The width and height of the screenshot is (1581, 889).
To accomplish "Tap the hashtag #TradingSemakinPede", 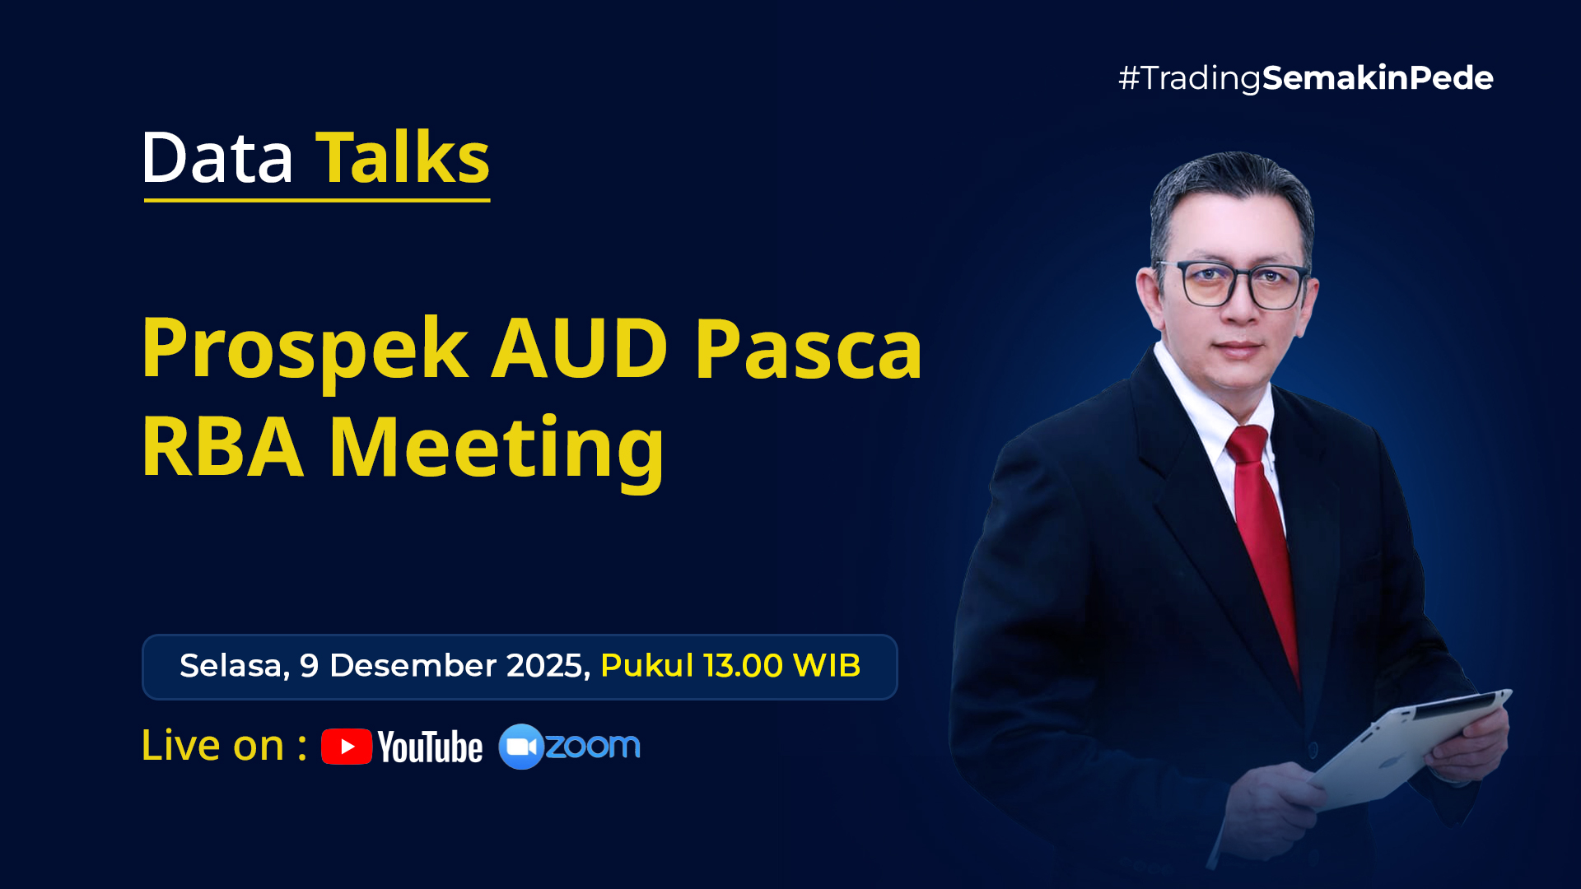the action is [x=1306, y=78].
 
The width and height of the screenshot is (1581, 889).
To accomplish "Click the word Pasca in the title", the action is [x=809, y=349].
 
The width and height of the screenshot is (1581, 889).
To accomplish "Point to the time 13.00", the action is [x=743, y=665].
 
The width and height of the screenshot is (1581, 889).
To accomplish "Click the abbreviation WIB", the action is [x=827, y=665].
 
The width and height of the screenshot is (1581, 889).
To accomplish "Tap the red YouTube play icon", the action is [x=347, y=747].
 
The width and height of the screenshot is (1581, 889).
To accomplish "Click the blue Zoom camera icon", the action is [x=521, y=747].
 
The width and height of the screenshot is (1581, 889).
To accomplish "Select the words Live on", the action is [x=212, y=745].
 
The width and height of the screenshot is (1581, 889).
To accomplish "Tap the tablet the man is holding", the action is [x=1409, y=748].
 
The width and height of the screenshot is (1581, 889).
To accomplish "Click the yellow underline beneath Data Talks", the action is [x=317, y=199].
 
